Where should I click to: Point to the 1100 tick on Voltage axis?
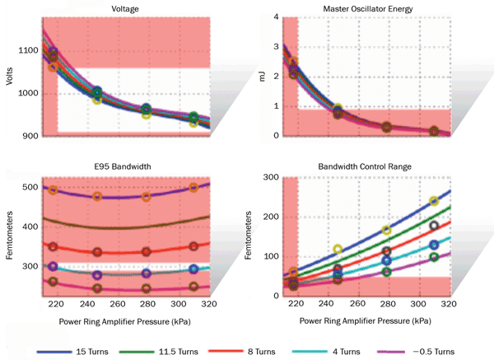coord(27,50)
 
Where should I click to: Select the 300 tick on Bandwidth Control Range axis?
coord(268,177)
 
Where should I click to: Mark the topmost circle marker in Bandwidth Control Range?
coord(434,201)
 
